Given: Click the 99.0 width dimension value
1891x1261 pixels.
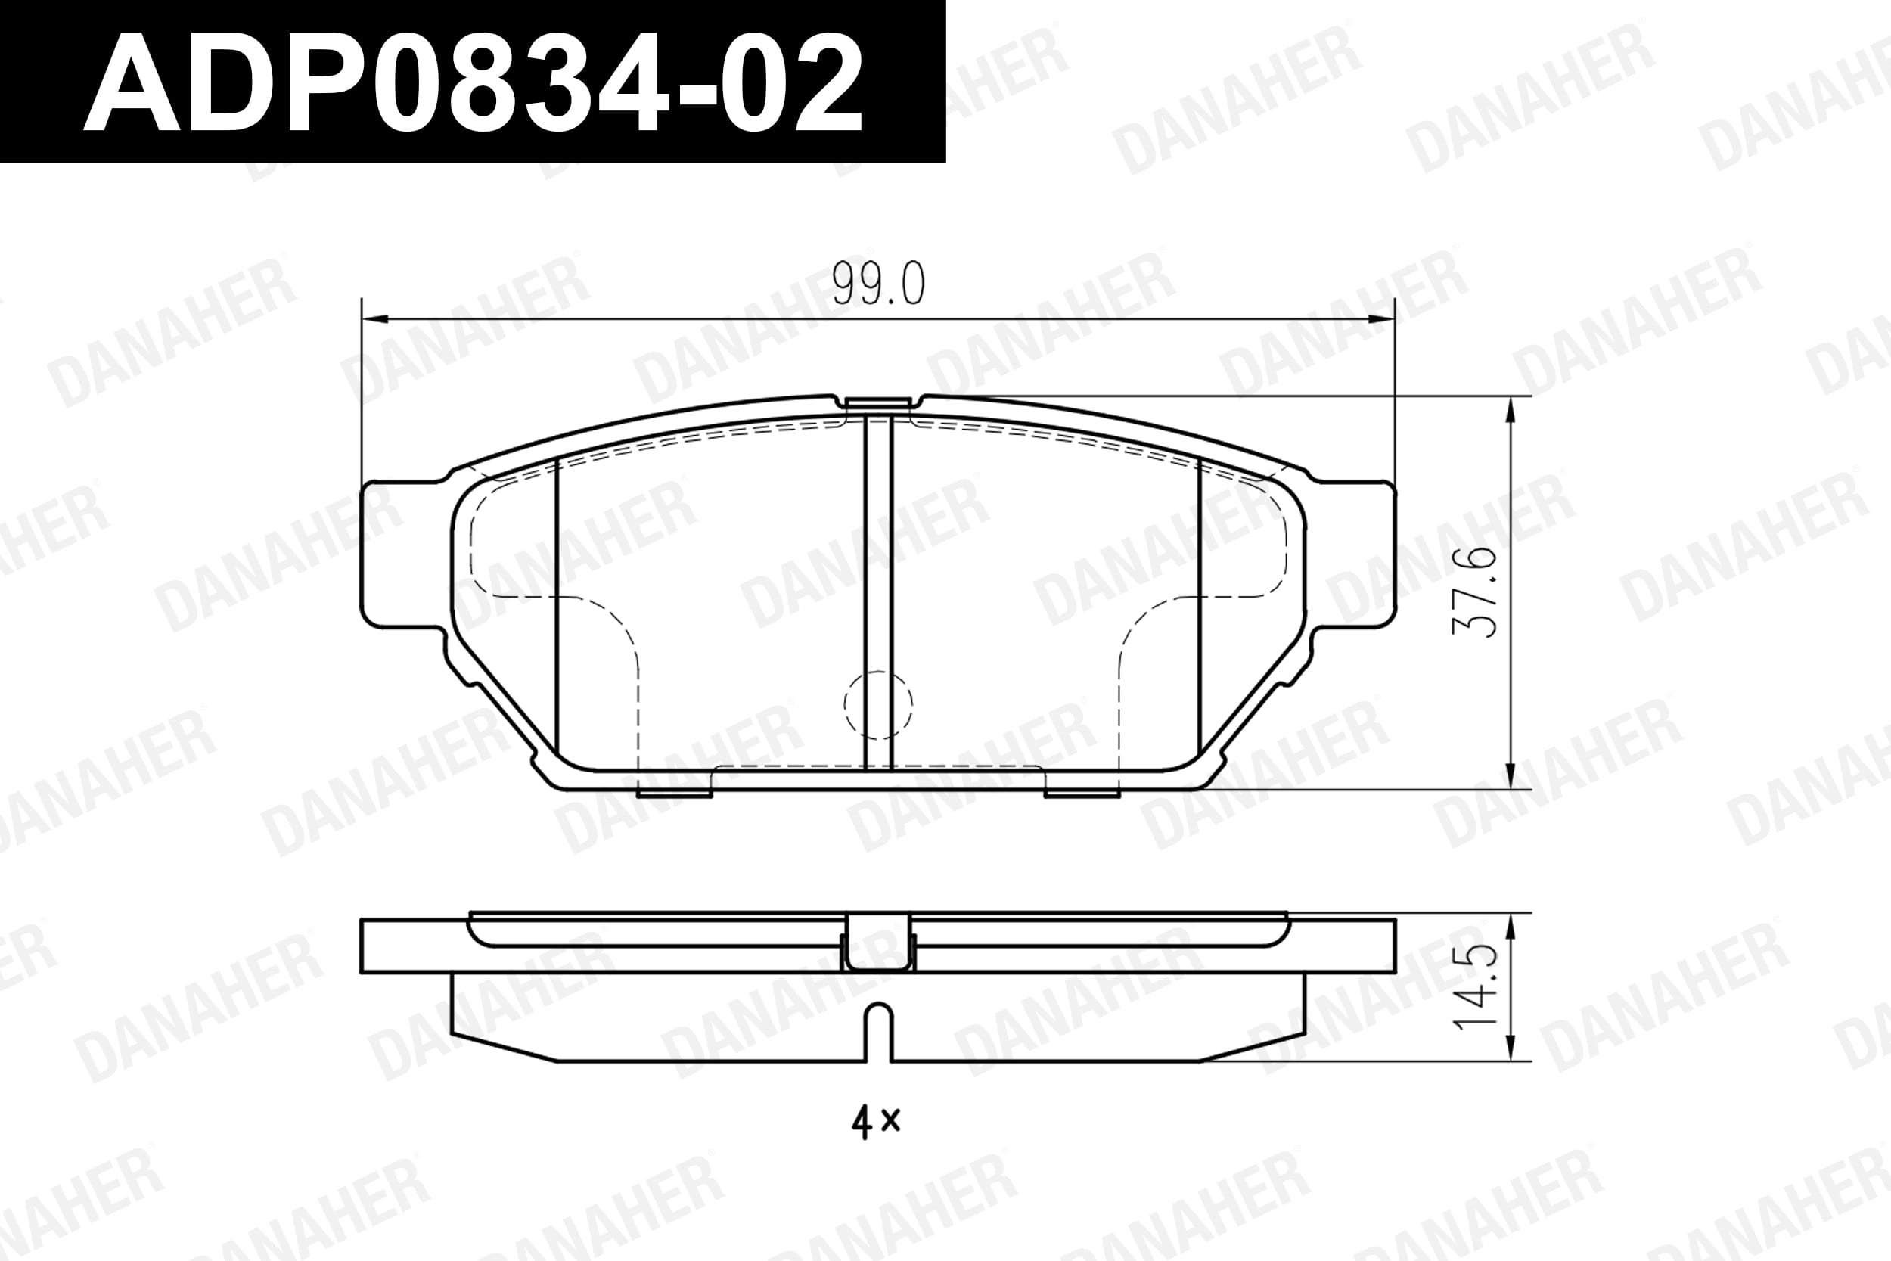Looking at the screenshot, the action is [878, 284].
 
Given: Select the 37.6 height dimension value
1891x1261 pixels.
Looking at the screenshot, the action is [1474, 593].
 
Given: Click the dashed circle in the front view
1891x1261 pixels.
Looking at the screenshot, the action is [878, 704].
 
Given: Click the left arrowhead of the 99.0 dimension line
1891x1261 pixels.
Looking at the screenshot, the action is [374, 319].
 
